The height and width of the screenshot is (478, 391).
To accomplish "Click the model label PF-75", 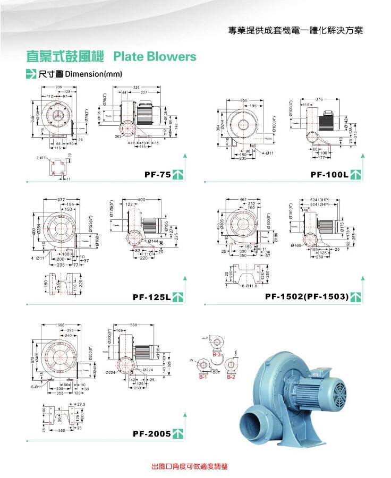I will (157, 174).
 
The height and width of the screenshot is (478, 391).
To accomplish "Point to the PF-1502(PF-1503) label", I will (307, 296).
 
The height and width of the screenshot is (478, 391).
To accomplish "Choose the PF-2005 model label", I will (151, 434).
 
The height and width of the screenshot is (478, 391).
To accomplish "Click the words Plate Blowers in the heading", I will (155, 57).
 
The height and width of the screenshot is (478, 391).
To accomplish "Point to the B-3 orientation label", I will (216, 354).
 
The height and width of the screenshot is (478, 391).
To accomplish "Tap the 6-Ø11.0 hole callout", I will (249, 286).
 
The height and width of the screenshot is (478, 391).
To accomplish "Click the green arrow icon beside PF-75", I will (179, 174).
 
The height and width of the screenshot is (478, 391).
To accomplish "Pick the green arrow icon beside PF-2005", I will (179, 434).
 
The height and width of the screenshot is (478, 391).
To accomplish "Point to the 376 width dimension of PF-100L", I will (319, 99).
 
